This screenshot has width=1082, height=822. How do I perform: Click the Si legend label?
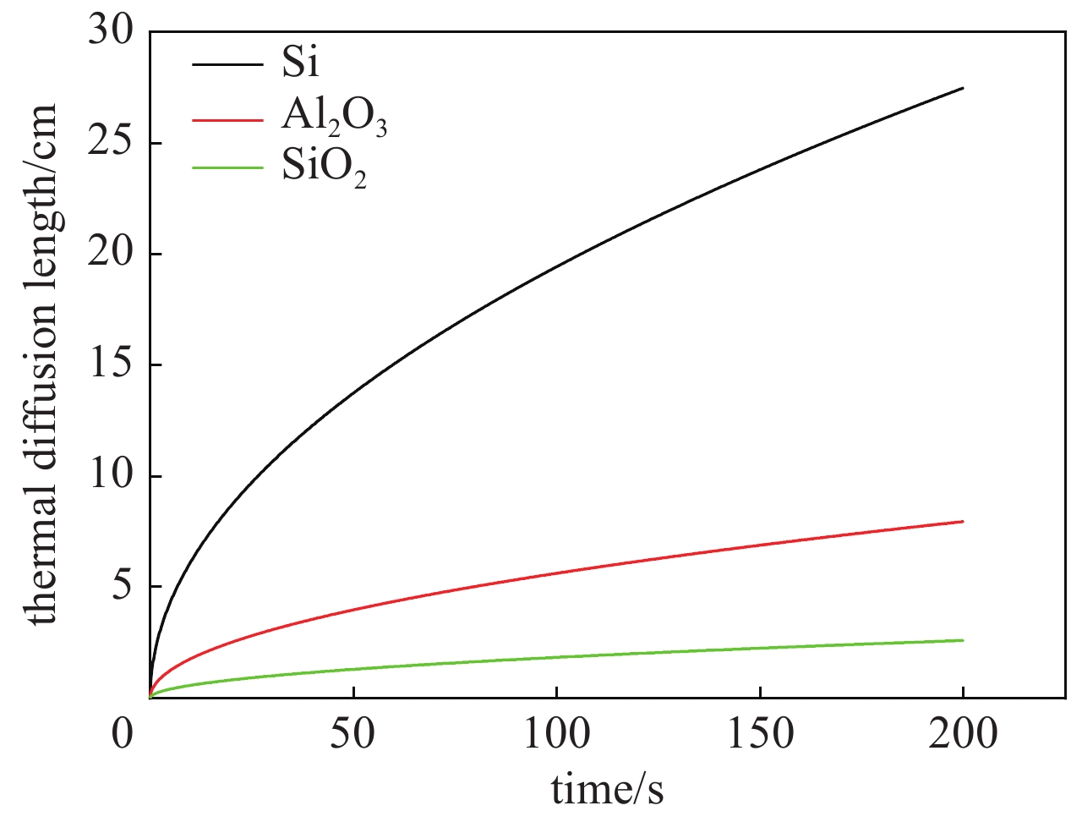pos(301,63)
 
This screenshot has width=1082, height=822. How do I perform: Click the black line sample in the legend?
pos(227,64)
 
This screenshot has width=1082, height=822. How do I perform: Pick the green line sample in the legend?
pos(227,167)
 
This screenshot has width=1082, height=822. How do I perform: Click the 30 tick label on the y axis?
pos(111,33)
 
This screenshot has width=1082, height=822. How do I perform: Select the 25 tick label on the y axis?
pos(111,144)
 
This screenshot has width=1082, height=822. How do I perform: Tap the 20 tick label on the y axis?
pos(111,255)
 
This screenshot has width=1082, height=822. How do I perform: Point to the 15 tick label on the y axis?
pos(111,365)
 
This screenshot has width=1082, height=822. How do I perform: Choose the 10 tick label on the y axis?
pos(111,476)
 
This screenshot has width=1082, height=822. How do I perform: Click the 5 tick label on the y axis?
pos(123,587)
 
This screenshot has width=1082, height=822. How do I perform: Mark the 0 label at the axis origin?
pos(123,733)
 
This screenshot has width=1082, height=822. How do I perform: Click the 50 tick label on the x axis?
pos(353,733)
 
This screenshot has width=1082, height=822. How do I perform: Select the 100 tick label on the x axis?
pos(556,733)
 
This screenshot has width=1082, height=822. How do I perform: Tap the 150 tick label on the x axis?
pos(760,733)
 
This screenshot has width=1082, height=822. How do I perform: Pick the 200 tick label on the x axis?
pos(963,733)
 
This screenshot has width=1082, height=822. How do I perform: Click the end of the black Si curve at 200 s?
pos(963,88)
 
